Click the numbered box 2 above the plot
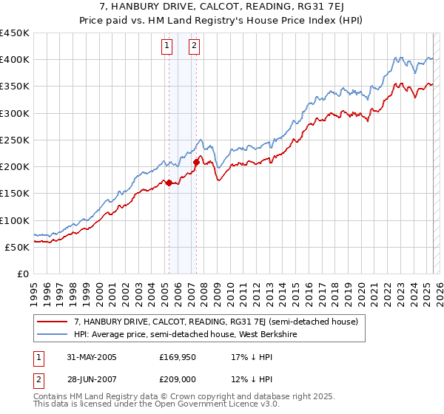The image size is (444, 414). [194, 46]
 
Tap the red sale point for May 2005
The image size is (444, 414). [169, 183]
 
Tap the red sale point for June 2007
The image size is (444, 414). [196, 162]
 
